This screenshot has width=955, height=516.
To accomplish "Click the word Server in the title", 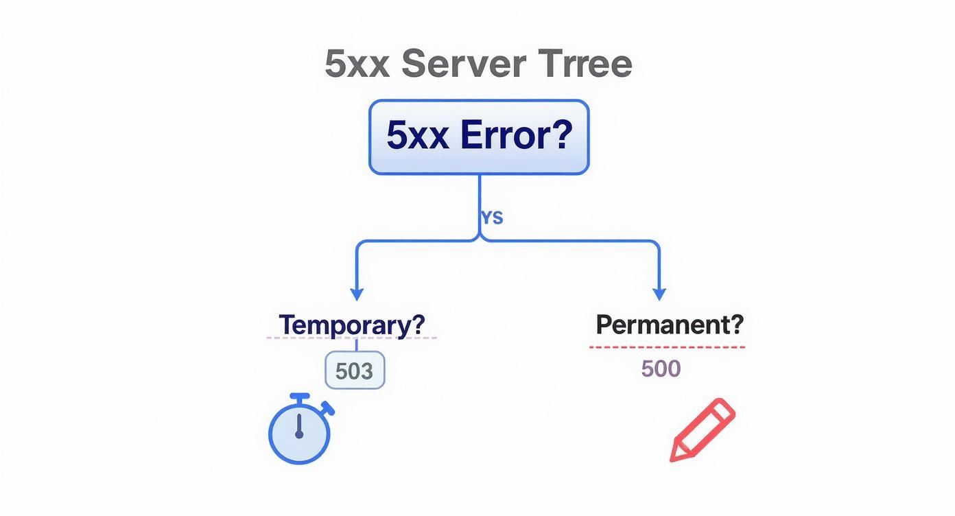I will pos(464,64).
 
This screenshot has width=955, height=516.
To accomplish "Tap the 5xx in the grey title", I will pos(357,64).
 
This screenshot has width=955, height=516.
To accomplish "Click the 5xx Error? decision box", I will pos(479,137).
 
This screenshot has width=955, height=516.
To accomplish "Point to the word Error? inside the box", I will pos(516,135).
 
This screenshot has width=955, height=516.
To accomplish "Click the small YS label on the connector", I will pos(492,218).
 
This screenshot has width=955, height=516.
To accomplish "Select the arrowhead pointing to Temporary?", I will pos(356,294).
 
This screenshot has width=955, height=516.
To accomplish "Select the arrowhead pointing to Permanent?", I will pos(659,294).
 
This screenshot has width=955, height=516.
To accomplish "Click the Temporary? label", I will pos(351,324).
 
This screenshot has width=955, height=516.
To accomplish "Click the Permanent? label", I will pos(669,324).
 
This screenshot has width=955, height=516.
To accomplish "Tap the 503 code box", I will pos(354,371).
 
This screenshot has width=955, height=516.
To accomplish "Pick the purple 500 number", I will pos(661,369).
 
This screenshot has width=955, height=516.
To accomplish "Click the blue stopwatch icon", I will pos(299,431).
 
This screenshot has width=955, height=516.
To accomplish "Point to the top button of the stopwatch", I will pos(299,397).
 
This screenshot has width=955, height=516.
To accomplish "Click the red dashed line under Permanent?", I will pos(667,347).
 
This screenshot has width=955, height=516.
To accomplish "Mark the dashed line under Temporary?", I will pos(351,338).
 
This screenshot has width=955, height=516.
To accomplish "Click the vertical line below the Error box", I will pos(479,199).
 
